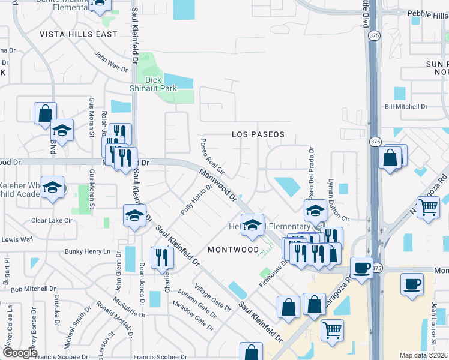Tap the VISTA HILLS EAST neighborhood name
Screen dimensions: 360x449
[x=78, y=35]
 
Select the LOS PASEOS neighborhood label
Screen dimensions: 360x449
[x=258, y=134]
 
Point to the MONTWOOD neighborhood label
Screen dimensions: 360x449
[x=233, y=249]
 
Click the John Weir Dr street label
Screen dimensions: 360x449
[x=111, y=61]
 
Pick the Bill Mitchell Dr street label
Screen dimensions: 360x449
[x=406, y=107]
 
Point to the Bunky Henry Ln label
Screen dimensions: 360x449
[x=90, y=251]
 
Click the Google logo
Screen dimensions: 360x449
[x=19, y=353]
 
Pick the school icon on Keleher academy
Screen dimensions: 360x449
[x=52, y=187]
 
